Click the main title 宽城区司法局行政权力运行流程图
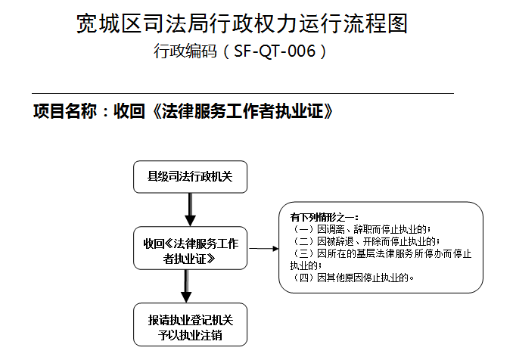pyautogui.click(x=242, y=23)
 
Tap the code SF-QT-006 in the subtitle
pyautogui.click(x=275, y=51)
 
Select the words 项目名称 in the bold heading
pyautogui.click(x=65, y=111)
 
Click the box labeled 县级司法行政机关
pyautogui.click(x=190, y=177)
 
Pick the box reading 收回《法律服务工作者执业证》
pyautogui.click(x=190, y=248)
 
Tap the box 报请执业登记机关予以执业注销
pyautogui.click(x=190, y=324)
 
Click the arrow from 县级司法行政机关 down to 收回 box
pyautogui.click(x=190, y=209)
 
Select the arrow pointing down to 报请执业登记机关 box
pyautogui.click(x=186, y=287)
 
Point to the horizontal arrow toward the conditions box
pyautogui.click(x=264, y=249)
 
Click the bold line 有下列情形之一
pyautogui.click(x=324, y=217)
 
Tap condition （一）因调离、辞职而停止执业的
pyautogui.click(x=361, y=229)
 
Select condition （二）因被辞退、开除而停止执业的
pyautogui.click(x=365, y=241)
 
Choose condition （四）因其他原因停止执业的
pyautogui.click(x=353, y=278)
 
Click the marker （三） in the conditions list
pyautogui.click(x=303, y=253)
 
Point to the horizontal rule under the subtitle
pyautogui.click(x=243, y=94)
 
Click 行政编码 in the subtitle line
pyautogui.click(x=185, y=51)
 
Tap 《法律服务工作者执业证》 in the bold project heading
pyautogui.click(x=243, y=111)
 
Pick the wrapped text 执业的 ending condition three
pyautogui.click(x=306, y=265)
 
